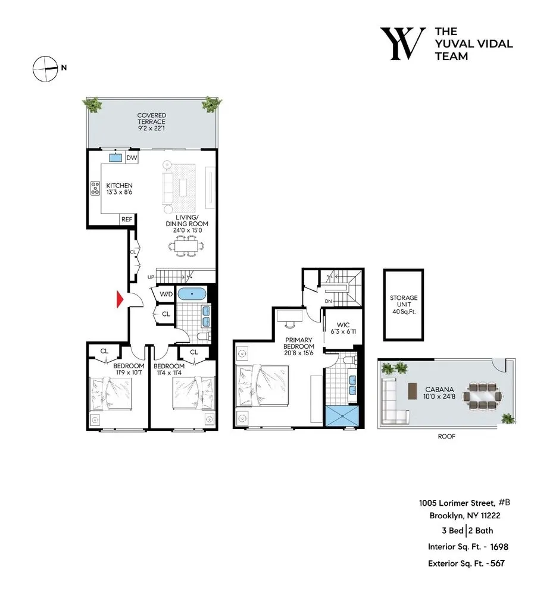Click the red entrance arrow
[120, 299]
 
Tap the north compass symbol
[43, 68]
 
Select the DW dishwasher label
[132, 158]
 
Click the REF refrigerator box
[127, 220]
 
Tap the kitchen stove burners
[95, 189]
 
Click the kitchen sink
[115, 158]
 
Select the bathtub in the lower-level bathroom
[192, 293]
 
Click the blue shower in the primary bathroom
[342, 415]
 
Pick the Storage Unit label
[404, 302]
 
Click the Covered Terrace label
[151, 122]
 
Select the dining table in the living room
[188, 245]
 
